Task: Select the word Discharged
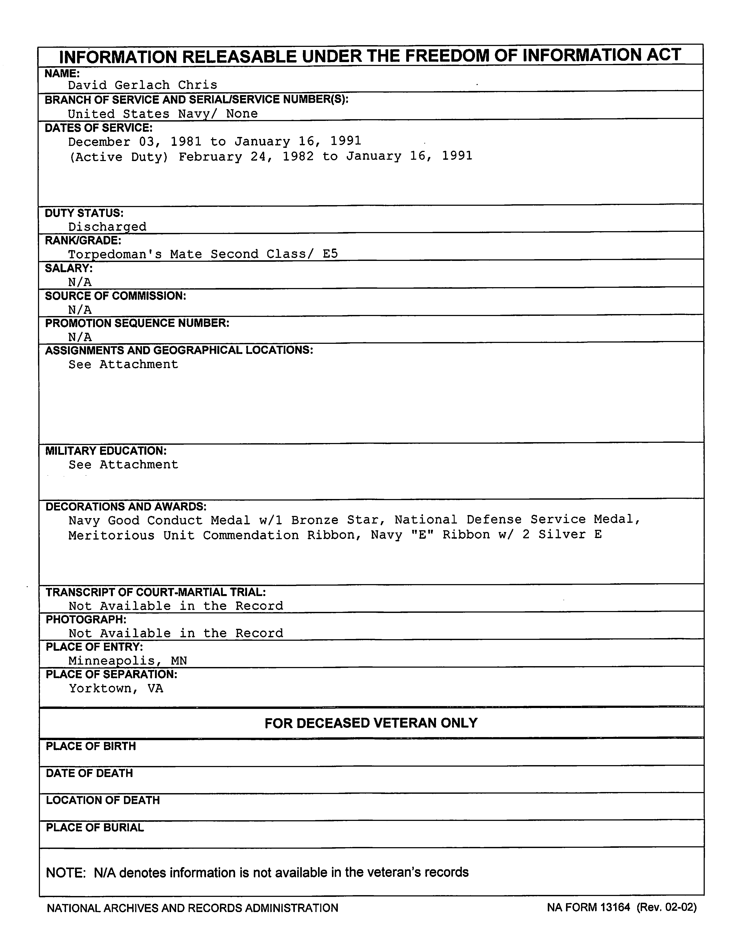tap(107, 227)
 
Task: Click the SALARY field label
tap(68, 268)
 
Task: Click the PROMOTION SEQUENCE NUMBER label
tap(137, 323)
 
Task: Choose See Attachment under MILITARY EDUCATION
tap(123, 465)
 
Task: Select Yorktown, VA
tap(116, 689)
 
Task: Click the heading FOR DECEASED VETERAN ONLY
tap(371, 723)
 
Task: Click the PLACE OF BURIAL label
tap(95, 828)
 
